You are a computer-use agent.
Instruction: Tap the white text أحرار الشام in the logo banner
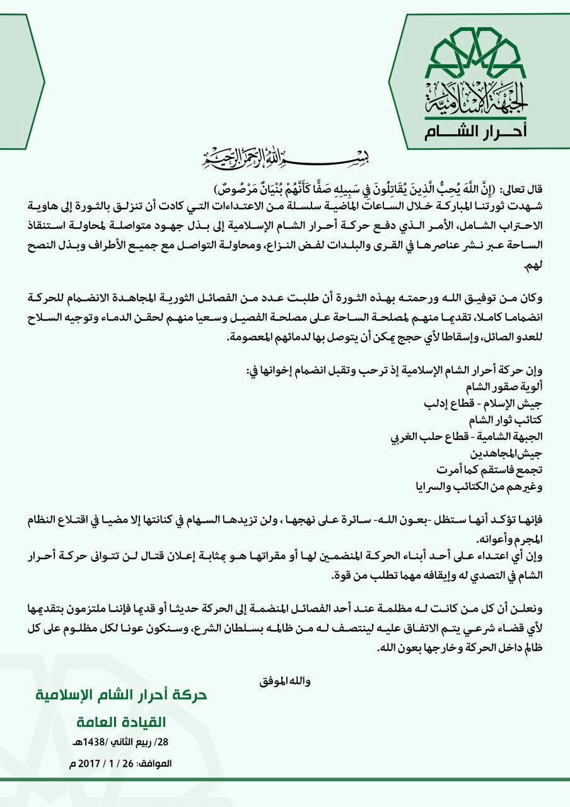point(479,132)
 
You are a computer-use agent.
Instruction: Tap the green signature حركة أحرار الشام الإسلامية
point(121,696)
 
